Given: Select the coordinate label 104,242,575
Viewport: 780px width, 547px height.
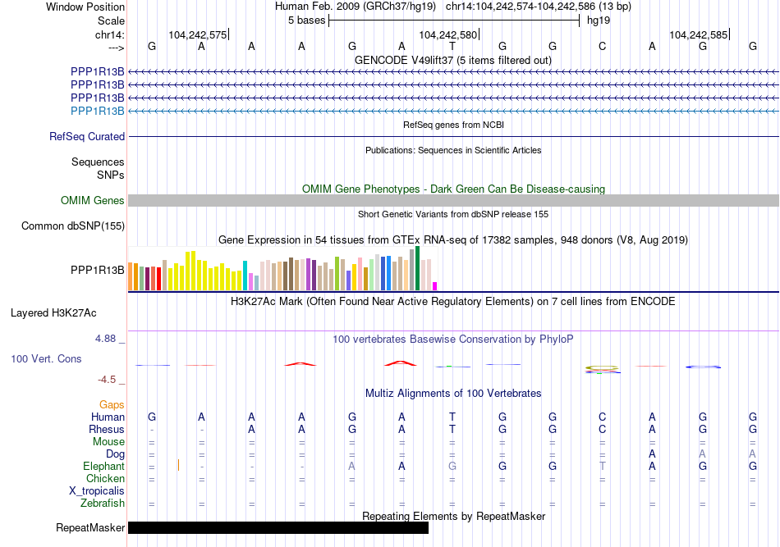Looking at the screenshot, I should pyautogui.click(x=197, y=34).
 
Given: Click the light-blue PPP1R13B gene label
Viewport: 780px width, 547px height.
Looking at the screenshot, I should pyautogui.click(x=98, y=111).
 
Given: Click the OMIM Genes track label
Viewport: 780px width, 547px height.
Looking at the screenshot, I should pyautogui.click(x=93, y=200).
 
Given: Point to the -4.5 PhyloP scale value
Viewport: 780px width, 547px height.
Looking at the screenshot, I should pyautogui.click(x=109, y=380).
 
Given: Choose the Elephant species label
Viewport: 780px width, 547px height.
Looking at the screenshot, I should pyautogui.click(x=104, y=466).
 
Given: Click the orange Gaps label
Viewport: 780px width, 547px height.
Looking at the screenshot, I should pyautogui.click(x=112, y=404).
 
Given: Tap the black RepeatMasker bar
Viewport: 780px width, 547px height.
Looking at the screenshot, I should pyautogui.click(x=278, y=527).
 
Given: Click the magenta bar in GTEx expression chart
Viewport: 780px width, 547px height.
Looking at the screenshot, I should pyautogui.click(x=435, y=285).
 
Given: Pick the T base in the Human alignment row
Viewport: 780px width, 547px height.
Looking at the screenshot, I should pyautogui.click(x=452, y=417).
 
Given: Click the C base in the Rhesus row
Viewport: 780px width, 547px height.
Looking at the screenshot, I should pyautogui.click(x=603, y=429).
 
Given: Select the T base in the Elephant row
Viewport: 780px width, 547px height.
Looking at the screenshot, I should pyautogui.click(x=603, y=466).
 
